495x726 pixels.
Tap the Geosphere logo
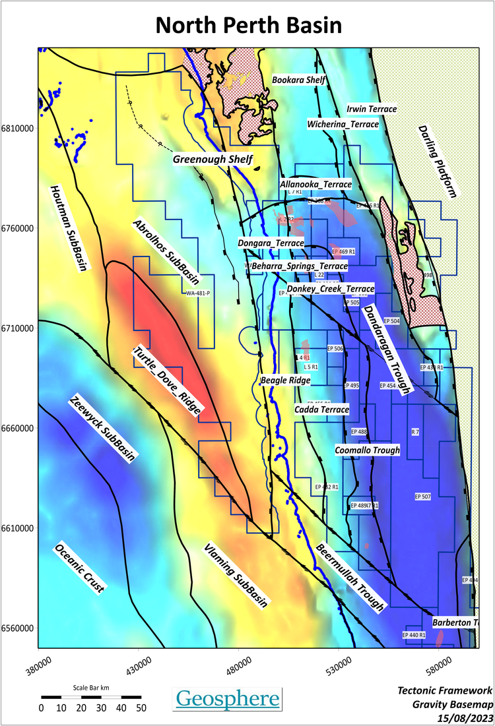(228, 698)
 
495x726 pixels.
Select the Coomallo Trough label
(367, 450)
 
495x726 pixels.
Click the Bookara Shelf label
(299, 79)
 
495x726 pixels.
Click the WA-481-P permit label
(199, 293)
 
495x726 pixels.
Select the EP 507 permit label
(422, 496)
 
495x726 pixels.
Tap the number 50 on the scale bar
(141, 708)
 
